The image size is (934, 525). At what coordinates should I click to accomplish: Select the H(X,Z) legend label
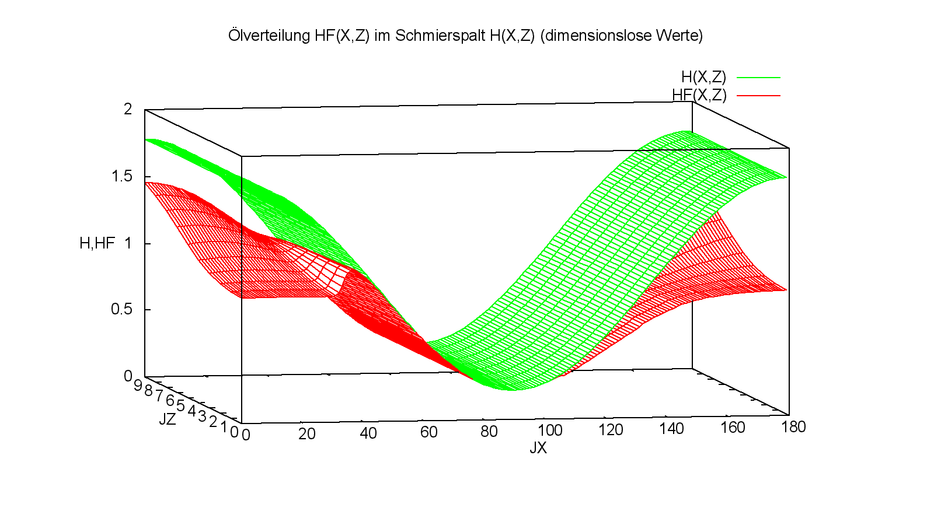pyautogui.click(x=703, y=77)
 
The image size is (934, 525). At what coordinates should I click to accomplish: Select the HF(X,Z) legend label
pyautogui.click(x=699, y=95)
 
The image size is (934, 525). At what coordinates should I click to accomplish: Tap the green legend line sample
pyautogui.click(x=758, y=77)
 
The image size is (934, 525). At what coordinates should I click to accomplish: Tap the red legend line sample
pyautogui.click(x=758, y=95)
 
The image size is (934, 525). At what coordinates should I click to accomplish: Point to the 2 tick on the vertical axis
pyautogui.click(x=128, y=109)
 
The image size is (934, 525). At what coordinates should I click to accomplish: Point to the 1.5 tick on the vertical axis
pyautogui.click(x=121, y=176)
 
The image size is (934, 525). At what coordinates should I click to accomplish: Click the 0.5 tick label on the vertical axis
pyautogui.click(x=121, y=309)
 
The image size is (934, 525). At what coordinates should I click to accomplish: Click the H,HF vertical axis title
pyautogui.click(x=97, y=243)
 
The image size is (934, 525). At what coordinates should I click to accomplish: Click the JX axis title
pyautogui.click(x=538, y=448)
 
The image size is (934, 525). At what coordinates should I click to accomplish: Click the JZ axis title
pyautogui.click(x=167, y=419)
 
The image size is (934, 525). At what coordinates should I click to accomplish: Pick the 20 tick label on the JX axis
pyautogui.click(x=306, y=434)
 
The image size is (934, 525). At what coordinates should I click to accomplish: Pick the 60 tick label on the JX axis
pyautogui.click(x=428, y=432)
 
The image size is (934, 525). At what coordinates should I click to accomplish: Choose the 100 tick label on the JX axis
pyautogui.click(x=549, y=430)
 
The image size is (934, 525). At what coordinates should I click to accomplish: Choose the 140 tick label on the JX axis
pyautogui.click(x=671, y=429)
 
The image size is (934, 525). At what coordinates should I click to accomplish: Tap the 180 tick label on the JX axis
pyautogui.click(x=793, y=427)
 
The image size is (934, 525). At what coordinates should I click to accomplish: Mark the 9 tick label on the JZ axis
pyautogui.click(x=138, y=386)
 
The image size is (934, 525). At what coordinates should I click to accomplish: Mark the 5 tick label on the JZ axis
pyautogui.click(x=180, y=405)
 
